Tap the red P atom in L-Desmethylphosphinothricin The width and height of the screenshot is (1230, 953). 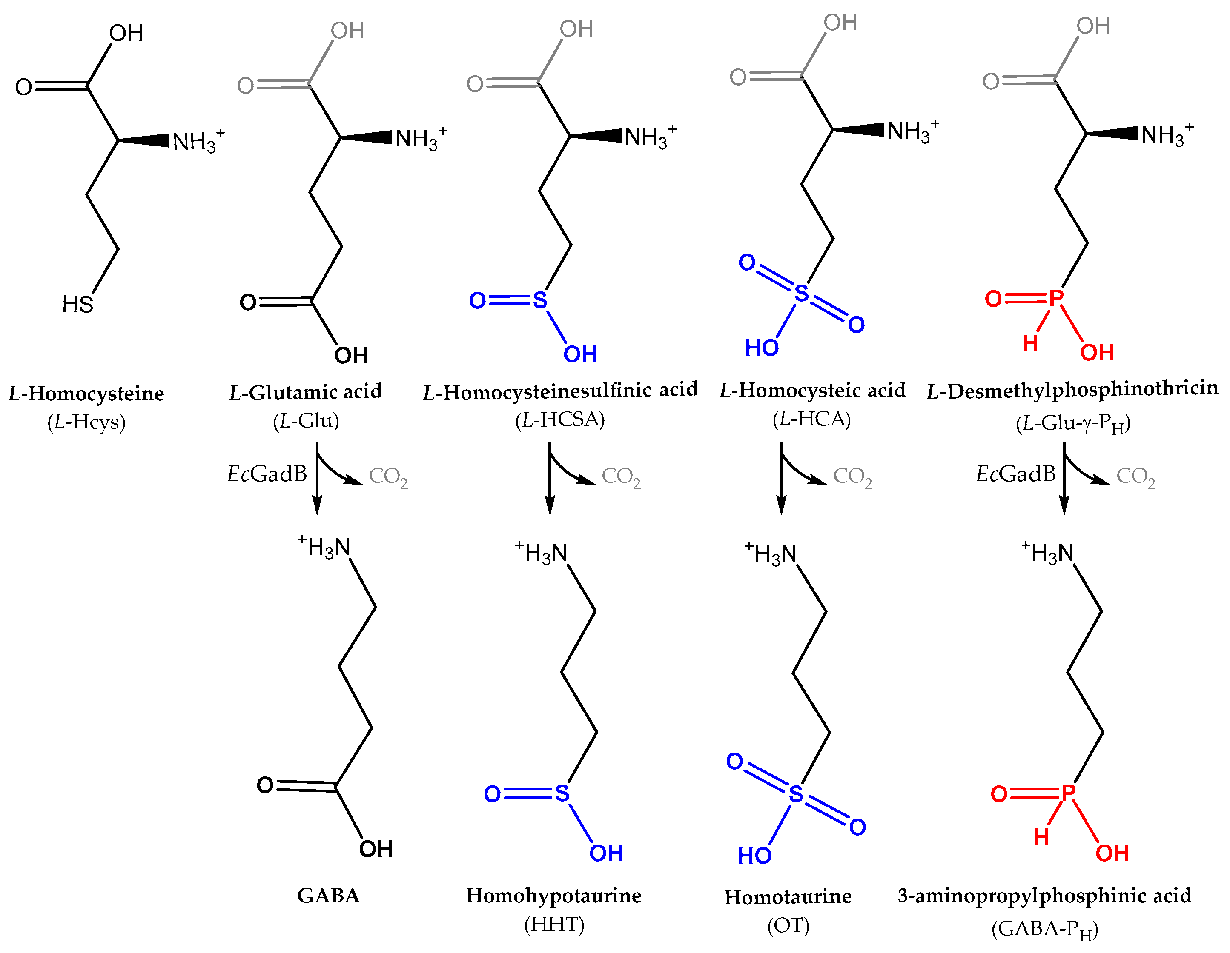1056,298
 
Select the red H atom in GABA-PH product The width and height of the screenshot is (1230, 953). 1041,837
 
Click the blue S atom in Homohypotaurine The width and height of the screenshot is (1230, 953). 562,794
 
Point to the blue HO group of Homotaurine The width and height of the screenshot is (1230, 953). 754,856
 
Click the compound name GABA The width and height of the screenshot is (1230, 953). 328,895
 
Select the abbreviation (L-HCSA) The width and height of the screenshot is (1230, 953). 560,419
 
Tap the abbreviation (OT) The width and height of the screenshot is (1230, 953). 788,925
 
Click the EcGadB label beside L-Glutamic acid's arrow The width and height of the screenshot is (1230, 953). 267,474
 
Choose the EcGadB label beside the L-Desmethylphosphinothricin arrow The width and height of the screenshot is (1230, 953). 1015,474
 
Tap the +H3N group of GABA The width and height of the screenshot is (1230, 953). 325,547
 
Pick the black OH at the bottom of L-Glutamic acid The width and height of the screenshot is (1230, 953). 351,356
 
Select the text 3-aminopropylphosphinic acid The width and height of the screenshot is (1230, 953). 1044,895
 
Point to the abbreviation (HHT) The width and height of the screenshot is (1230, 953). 554,924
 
